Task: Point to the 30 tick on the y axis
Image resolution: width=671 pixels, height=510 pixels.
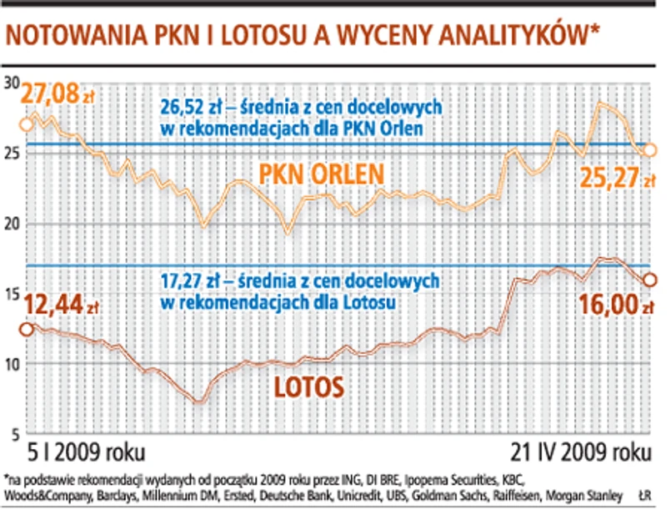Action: (12, 83)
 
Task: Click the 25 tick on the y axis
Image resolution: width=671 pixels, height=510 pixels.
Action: (12, 154)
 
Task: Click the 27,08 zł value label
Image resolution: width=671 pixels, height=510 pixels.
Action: (58, 94)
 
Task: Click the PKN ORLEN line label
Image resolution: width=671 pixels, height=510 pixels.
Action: (321, 174)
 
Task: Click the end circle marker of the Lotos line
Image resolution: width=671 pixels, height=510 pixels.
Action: (651, 280)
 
